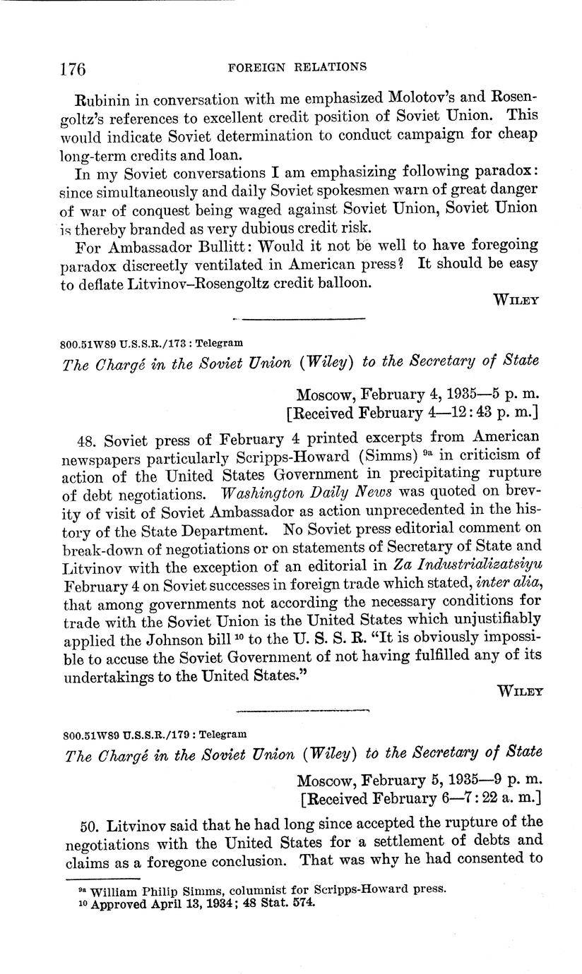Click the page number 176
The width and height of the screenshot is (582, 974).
coord(73,68)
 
